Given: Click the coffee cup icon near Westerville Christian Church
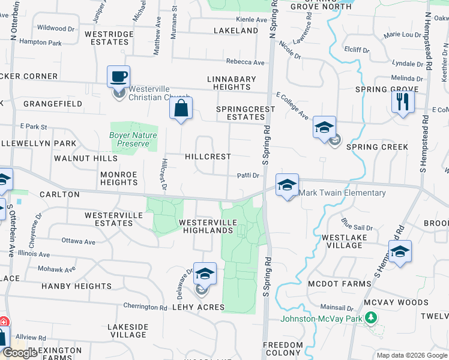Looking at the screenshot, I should pyautogui.click(x=118, y=77).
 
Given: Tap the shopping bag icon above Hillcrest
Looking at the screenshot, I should pyautogui.click(x=180, y=109).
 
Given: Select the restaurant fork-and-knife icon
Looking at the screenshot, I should pyautogui.click(x=403, y=101).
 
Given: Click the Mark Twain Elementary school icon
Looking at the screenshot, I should pyautogui.click(x=288, y=185).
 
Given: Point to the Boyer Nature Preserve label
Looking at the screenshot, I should pyautogui.click(x=133, y=139).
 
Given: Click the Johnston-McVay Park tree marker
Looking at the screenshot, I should pyautogui.click(x=372, y=317).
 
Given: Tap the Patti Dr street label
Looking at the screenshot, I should pyautogui.click(x=247, y=176).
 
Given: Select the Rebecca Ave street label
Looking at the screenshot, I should pyautogui.click(x=245, y=62).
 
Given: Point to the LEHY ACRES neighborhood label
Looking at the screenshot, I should pyautogui.click(x=198, y=307).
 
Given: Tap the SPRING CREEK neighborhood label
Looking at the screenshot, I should pyautogui.click(x=377, y=147).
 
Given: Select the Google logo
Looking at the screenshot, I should pyautogui.click(x=20, y=353).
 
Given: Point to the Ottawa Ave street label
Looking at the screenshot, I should pyautogui.click(x=79, y=242).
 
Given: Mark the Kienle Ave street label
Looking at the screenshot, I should pyautogui.click(x=252, y=20).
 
